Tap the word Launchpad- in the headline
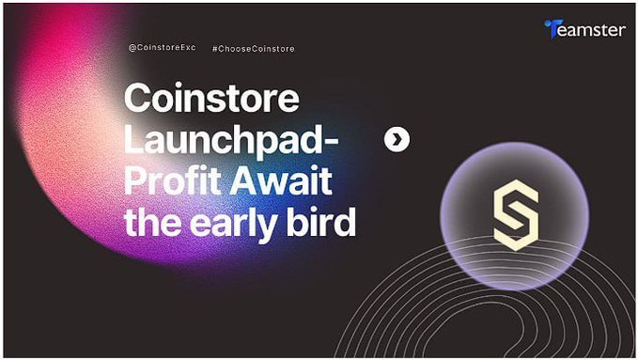click(232, 141)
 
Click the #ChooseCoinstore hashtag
click(253, 48)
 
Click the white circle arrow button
click(397, 140)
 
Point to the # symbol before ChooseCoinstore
click(216, 48)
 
